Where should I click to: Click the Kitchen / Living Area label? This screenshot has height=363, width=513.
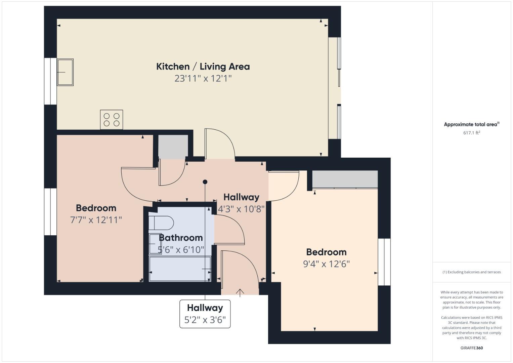point(203,67)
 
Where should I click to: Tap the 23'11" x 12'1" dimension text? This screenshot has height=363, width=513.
point(203,79)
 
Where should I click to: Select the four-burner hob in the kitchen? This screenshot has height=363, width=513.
point(112,119)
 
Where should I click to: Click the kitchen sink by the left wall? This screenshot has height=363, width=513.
point(65,72)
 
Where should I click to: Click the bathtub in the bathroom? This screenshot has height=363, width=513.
point(180,269)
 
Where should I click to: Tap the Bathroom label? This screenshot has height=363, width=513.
point(181,238)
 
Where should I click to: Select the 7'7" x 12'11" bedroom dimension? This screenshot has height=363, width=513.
point(96,220)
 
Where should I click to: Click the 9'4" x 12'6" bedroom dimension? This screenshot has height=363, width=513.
point(326,264)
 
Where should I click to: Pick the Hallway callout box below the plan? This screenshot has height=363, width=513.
point(205,314)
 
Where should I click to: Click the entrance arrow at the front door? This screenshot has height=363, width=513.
point(240,293)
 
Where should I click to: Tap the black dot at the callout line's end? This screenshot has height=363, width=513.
point(205,182)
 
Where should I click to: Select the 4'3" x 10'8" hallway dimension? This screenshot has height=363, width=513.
point(241,209)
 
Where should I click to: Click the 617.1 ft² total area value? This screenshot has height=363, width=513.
point(471,133)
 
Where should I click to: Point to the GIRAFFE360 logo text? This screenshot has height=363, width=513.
point(471,348)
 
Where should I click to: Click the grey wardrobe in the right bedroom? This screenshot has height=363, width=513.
point(345,179)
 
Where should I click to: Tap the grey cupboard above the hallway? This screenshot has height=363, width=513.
point(173,146)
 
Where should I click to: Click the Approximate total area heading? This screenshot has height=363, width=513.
point(471,124)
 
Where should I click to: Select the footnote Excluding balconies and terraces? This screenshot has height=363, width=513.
point(471,272)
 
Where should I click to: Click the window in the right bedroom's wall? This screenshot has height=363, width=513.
point(384,262)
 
